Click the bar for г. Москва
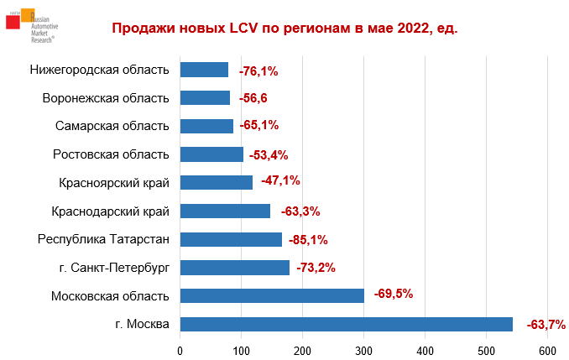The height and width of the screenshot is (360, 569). [x=346, y=324]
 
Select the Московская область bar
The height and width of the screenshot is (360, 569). [x=272, y=295]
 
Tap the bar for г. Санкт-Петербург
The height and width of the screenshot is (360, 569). [x=234, y=268]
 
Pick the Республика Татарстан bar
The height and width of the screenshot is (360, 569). [x=231, y=239]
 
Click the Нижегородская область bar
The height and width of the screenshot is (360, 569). [x=204, y=70]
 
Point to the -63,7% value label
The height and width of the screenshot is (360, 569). [x=546, y=324]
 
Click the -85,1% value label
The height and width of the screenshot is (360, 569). [x=307, y=239]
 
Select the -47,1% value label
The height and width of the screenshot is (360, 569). [x=280, y=180]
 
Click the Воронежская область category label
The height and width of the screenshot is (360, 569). [x=106, y=98]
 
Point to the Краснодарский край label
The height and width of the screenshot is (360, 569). [x=111, y=211]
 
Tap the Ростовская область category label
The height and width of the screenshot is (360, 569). [x=111, y=154]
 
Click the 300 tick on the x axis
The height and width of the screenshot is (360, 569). [x=364, y=349]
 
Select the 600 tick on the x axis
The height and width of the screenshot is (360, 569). [x=548, y=349]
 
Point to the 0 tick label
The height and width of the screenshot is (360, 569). [x=180, y=349]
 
